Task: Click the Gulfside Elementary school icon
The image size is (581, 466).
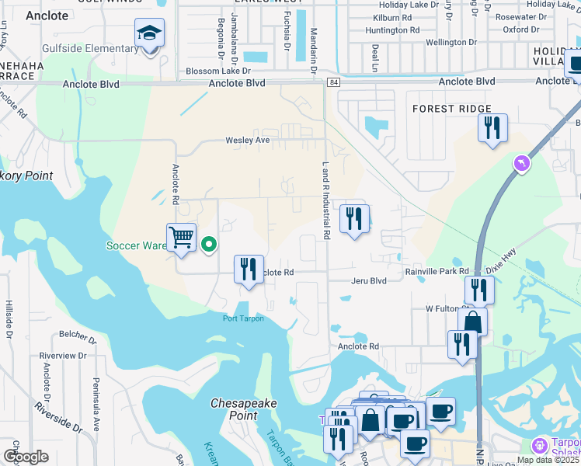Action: [149, 34]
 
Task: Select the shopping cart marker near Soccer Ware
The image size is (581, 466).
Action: [181, 238]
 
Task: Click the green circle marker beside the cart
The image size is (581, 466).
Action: [209, 245]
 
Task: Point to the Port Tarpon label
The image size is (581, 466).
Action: [243, 318]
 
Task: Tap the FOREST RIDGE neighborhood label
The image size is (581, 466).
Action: [452, 109]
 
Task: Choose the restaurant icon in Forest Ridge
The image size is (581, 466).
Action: [492, 128]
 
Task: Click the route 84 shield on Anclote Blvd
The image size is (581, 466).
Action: [333, 82]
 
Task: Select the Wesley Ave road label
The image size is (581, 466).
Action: [247, 141]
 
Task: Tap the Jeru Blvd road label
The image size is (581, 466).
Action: [368, 281]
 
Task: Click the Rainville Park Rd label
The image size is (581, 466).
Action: [437, 271]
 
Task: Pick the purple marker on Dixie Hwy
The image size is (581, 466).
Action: [522, 164]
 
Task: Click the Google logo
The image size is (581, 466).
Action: [25, 457]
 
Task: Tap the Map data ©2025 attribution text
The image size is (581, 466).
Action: [548, 460]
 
